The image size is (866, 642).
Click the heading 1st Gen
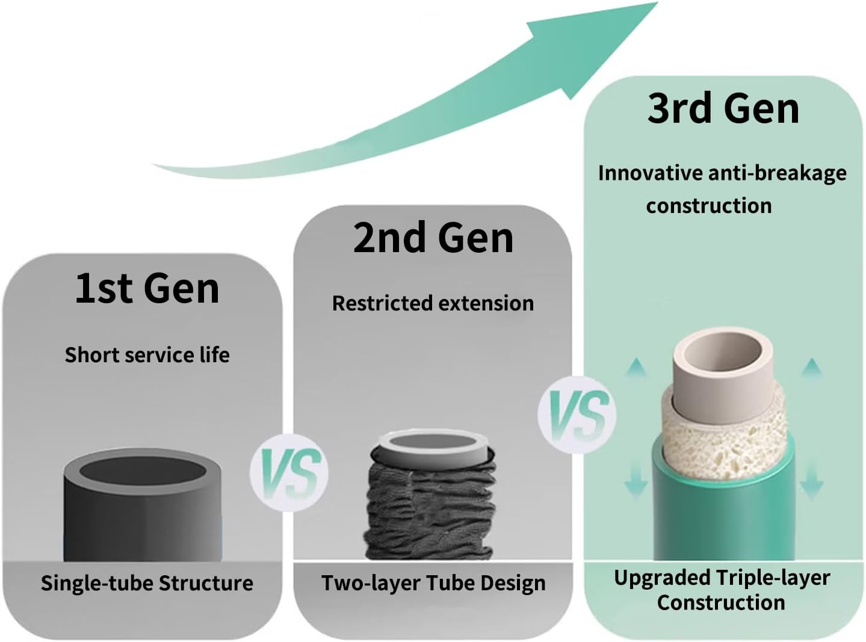pos(147,288)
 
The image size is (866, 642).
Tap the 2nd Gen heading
pos(433,238)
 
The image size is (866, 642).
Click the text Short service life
pos(147,355)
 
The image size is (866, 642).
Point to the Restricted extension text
pos(433,303)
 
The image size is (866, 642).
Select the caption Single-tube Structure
pos(147,583)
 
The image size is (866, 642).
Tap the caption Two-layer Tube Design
pos(433,583)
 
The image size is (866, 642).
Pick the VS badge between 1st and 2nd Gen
pos(289,472)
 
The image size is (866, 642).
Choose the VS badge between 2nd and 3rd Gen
pos(577,415)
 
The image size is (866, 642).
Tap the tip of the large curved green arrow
pos(657,2)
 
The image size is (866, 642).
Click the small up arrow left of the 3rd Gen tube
pos(636,366)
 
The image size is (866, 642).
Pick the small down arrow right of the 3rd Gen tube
pos(812,486)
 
